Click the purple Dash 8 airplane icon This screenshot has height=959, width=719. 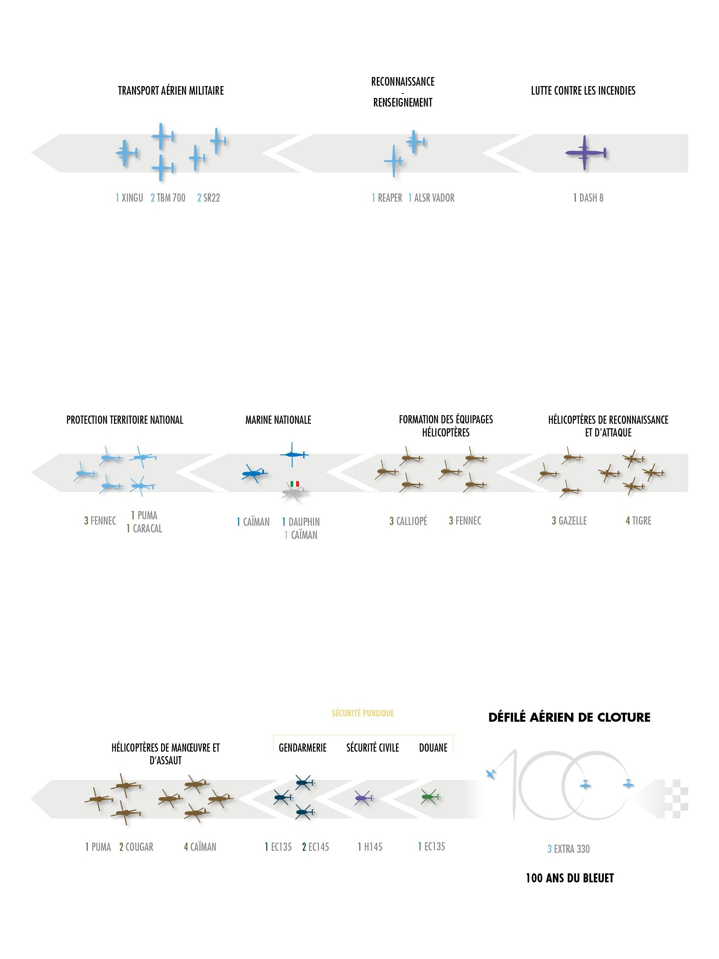(x=585, y=152)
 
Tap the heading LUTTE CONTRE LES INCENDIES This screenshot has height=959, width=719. (x=583, y=91)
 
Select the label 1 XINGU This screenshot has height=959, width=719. (x=129, y=198)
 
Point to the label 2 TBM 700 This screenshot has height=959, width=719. (x=168, y=198)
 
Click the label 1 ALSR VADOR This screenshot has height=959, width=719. (x=431, y=198)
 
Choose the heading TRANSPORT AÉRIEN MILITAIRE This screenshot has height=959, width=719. (x=171, y=91)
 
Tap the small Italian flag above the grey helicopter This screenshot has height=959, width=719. (x=294, y=484)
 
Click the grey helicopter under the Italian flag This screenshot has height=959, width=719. (x=294, y=492)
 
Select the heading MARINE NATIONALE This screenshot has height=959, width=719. (x=278, y=420)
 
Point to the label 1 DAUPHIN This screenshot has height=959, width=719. (x=300, y=522)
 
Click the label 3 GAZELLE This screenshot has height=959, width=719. (x=569, y=520)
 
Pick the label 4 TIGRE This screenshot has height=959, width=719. (x=638, y=520)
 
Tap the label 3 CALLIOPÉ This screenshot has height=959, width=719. (x=408, y=520)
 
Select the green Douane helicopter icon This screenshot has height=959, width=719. (x=429, y=796)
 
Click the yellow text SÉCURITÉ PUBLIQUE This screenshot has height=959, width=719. (x=362, y=713)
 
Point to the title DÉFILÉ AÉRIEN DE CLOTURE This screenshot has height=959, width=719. (x=569, y=718)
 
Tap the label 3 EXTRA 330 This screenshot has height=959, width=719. (x=569, y=849)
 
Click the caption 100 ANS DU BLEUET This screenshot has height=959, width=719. (x=569, y=878)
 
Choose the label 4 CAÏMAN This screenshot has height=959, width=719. (x=200, y=847)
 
